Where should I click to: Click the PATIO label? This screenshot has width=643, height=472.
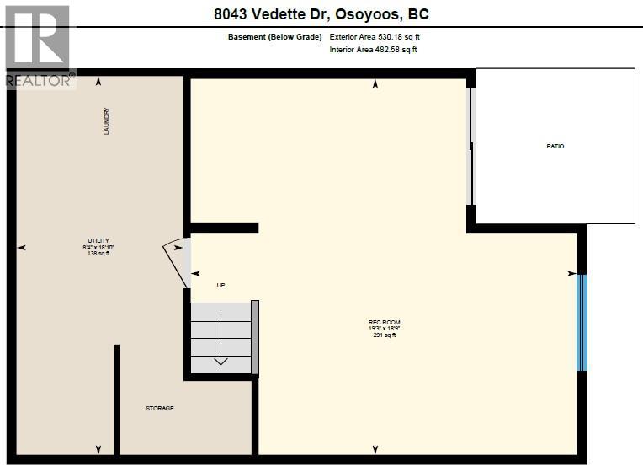(x=555, y=147)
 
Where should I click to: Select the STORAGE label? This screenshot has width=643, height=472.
(x=160, y=408)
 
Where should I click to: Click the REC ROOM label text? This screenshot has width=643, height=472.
(x=384, y=322)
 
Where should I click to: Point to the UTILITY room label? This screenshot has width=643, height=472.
(x=98, y=241)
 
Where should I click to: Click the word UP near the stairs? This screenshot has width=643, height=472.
(x=221, y=285)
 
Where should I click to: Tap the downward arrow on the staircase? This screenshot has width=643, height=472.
(x=221, y=359)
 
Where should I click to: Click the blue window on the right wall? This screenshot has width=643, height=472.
(x=581, y=322)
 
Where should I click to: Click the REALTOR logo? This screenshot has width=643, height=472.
(x=39, y=46)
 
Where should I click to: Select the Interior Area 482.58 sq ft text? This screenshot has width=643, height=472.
(x=373, y=50)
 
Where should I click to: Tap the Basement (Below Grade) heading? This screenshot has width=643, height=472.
(x=274, y=37)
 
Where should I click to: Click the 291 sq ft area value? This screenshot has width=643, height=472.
(x=384, y=335)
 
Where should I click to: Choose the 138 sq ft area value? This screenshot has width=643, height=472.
(x=98, y=254)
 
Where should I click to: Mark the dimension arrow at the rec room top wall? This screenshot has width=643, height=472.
(x=375, y=83)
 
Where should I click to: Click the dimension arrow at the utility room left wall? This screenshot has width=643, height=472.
(x=22, y=248)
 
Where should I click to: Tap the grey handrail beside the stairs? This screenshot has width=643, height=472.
(x=255, y=337)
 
